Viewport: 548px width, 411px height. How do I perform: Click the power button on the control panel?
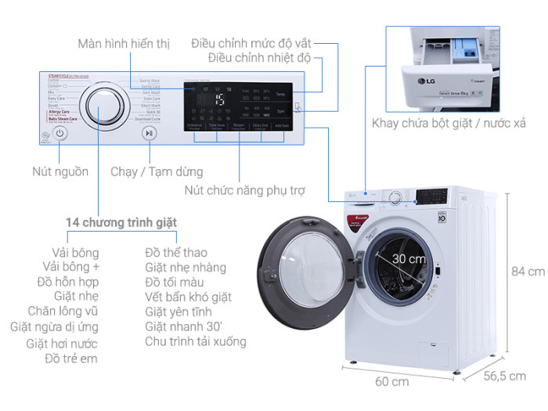coord(60,134)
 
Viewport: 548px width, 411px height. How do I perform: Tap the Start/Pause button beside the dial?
coord(149,133)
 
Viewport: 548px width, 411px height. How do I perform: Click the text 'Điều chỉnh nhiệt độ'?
coord(260,58)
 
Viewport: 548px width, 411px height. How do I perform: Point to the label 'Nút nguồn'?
coord(60,171)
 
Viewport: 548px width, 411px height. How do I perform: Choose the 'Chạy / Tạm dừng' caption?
coord(157,171)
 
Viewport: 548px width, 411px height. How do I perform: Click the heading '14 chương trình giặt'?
coord(121,222)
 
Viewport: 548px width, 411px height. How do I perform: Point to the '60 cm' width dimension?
coord(391,383)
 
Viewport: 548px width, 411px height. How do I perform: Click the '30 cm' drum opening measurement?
coord(409,258)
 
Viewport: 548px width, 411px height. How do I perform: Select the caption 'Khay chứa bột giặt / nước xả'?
coord(448,124)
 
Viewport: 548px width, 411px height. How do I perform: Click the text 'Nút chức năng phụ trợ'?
coord(244,189)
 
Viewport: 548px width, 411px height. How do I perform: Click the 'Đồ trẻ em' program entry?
coord(72,359)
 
